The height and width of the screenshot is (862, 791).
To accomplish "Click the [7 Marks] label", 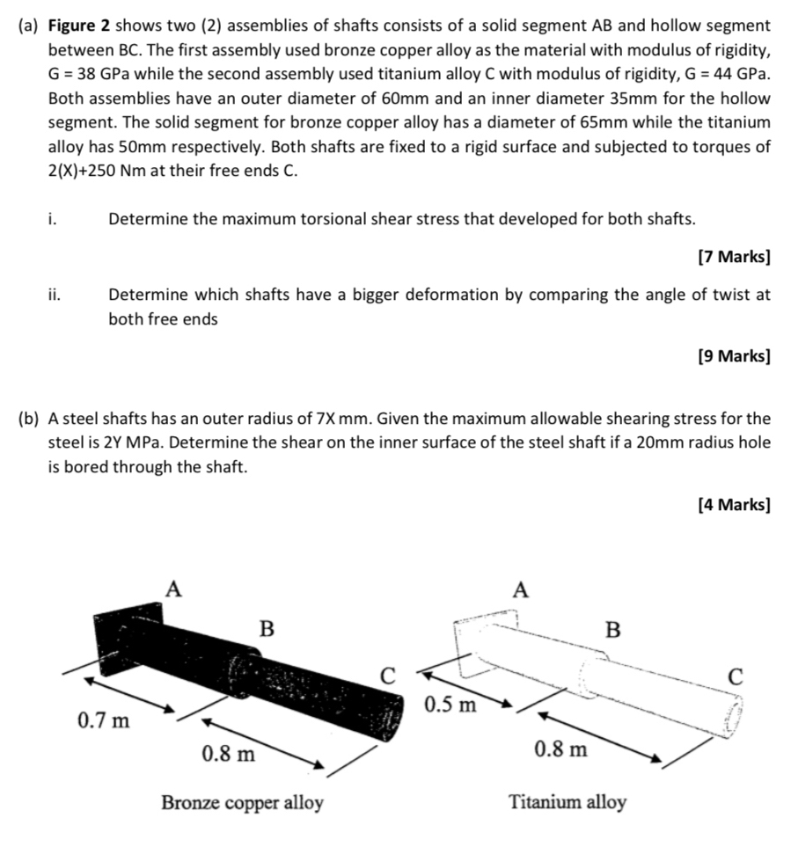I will [733, 258].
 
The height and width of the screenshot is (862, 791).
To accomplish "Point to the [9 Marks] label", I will [733, 356].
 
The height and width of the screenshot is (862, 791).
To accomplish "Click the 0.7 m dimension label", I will [104, 722].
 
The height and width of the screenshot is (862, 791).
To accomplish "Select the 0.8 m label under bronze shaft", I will [228, 754].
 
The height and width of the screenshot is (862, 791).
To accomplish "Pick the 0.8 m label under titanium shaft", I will [561, 749].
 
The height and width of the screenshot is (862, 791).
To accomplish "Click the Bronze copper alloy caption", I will [242, 803].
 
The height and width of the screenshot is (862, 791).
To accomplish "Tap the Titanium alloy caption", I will [568, 802].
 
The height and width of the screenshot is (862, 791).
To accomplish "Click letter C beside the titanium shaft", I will [736, 676].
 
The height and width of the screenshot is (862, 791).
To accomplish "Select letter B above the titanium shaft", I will [613, 630].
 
